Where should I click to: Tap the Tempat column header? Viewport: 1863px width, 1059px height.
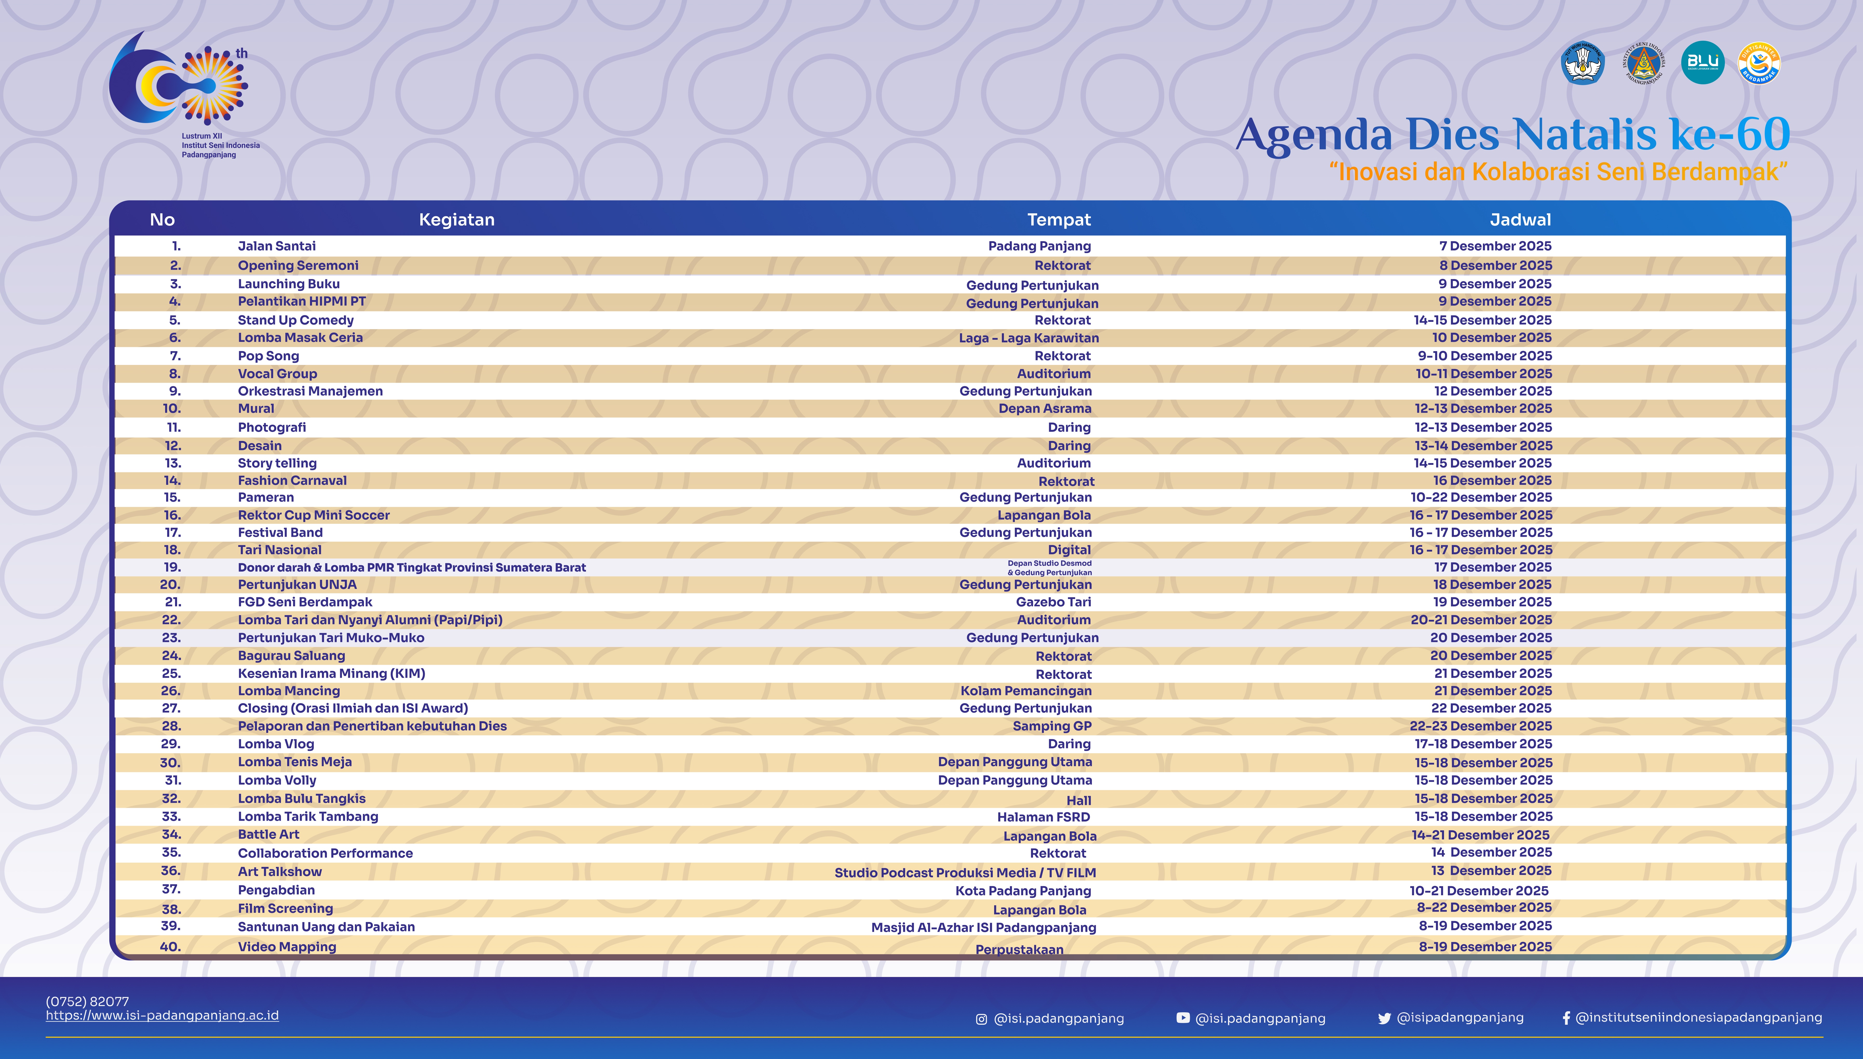pyautogui.click(x=1058, y=220)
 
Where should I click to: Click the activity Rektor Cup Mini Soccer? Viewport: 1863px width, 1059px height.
pyautogui.click(x=314, y=515)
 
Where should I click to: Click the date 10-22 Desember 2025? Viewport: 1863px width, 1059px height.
pyautogui.click(x=1481, y=498)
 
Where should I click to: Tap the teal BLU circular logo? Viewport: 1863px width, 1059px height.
pyautogui.click(x=1702, y=63)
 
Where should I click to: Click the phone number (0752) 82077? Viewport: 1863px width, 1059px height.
pyautogui.click(x=87, y=1002)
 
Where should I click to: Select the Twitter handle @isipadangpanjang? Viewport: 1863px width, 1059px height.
pyautogui.click(x=1459, y=1017)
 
